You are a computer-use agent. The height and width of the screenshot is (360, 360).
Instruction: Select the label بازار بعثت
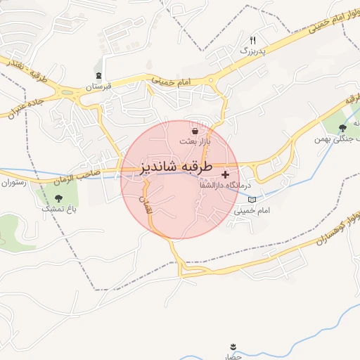[195, 141]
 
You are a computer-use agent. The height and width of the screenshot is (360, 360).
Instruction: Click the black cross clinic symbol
[225, 174]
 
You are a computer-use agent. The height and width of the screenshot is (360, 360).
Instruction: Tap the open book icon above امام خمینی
[252, 200]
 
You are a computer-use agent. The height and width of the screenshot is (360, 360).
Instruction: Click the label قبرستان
[99, 86]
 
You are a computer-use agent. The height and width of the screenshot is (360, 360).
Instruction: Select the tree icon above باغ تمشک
[58, 198]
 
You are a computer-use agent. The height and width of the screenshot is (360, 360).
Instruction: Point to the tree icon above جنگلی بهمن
[342, 128]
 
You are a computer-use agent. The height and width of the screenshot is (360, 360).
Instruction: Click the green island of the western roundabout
[69, 92]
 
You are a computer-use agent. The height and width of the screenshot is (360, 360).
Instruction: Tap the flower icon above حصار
[233, 347]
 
